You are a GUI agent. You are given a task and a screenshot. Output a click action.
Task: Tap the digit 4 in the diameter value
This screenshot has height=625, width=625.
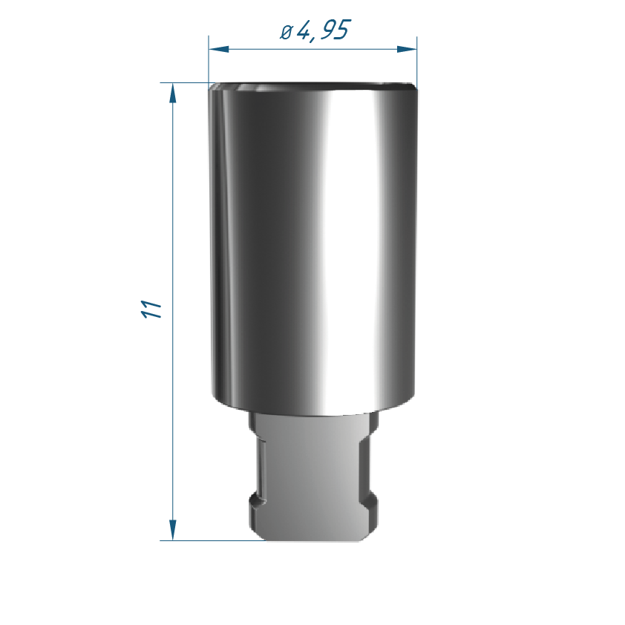pyautogui.click(x=304, y=30)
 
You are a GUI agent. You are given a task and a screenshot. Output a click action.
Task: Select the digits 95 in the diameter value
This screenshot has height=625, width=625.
pyautogui.click(x=336, y=30)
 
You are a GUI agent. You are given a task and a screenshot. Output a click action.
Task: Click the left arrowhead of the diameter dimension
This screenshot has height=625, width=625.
pyautogui.click(x=218, y=50)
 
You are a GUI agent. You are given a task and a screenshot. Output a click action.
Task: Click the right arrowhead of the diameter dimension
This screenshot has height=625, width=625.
pyautogui.click(x=407, y=50)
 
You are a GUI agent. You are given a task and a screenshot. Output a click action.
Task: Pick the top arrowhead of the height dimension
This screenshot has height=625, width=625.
pyautogui.click(x=173, y=93)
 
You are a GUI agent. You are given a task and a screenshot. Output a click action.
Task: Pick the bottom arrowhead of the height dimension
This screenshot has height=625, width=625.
pyautogui.click(x=173, y=531)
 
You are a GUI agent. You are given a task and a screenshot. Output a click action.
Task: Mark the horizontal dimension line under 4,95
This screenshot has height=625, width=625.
pyautogui.click(x=313, y=50)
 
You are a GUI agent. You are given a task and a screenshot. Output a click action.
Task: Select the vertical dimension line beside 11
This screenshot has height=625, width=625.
pyautogui.click(x=173, y=312)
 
